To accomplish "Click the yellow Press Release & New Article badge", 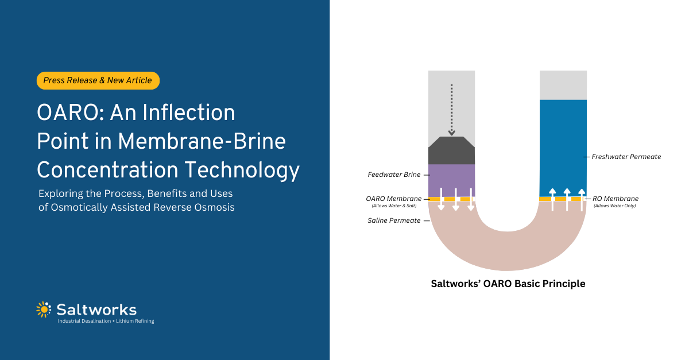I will pyautogui.click(x=98, y=81).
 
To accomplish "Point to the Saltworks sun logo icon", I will pyautogui.click(x=44, y=309).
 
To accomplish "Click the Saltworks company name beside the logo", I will pyautogui.click(x=96, y=309).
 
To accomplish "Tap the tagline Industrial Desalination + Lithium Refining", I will pyautogui.click(x=106, y=321).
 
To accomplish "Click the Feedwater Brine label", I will pyautogui.click(x=394, y=175).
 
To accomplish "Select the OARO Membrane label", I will pyautogui.click(x=393, y=199).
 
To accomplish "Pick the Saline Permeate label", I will pyautogui.click(x=393, y=220).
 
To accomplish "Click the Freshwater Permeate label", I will pyautogui.click(x=626, y=156).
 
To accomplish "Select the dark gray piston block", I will pyautogui.click(x=451, y=151).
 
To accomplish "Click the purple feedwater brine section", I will pyautogui.click(x=451, y=180).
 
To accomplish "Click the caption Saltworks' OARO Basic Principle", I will pyautogui.click(x=508, y=284).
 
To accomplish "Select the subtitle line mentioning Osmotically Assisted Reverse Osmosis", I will pyautogui.click(x=136, y=207).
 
